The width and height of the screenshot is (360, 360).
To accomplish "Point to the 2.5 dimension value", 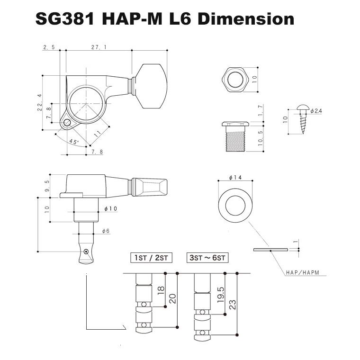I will click(49, 47).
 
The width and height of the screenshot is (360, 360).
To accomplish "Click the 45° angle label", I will click(73, 142).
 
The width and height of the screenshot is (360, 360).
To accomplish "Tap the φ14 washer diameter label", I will click(235, 177).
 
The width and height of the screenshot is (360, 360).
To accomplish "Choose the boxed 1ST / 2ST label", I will click(151, 258).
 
